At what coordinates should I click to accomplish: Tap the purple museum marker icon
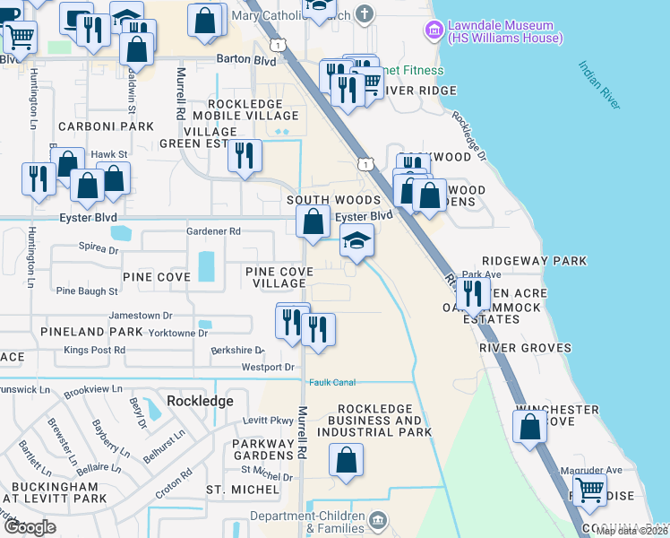click(x=434, y=31)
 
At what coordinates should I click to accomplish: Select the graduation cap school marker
click(x=356, y=241)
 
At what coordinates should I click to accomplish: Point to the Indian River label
click(x=599, y=85)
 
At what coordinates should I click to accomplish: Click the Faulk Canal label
click(x=333, y=382)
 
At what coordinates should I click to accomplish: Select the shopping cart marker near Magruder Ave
click(x=589, y=490)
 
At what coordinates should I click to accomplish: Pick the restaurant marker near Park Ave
click(x=471, y=292)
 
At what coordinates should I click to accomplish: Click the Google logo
click(x=30, y=527)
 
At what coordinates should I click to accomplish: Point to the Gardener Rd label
click(x=213, y=231)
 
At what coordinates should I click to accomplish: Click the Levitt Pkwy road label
click(x=269, y=421)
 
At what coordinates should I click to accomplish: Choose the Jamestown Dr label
click(x=141, y=316)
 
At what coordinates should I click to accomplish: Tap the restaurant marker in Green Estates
click(x=244, y=156)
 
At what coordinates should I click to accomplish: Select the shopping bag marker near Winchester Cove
click(x=530, y=425)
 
